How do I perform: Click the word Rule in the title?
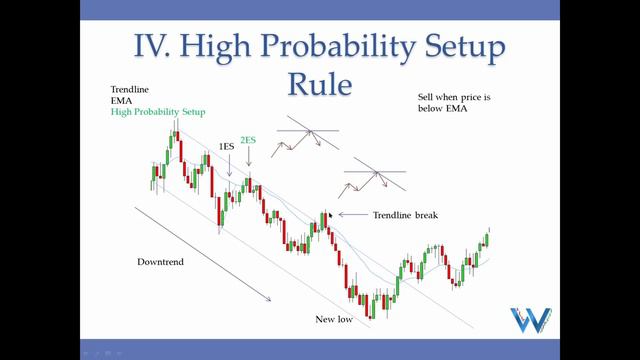[320, 83]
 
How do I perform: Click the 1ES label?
[227, 146]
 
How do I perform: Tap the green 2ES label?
[247, 141]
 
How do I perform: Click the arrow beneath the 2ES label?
[247, 163]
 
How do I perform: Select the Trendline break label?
[405, 215]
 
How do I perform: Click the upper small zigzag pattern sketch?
[305, 136]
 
